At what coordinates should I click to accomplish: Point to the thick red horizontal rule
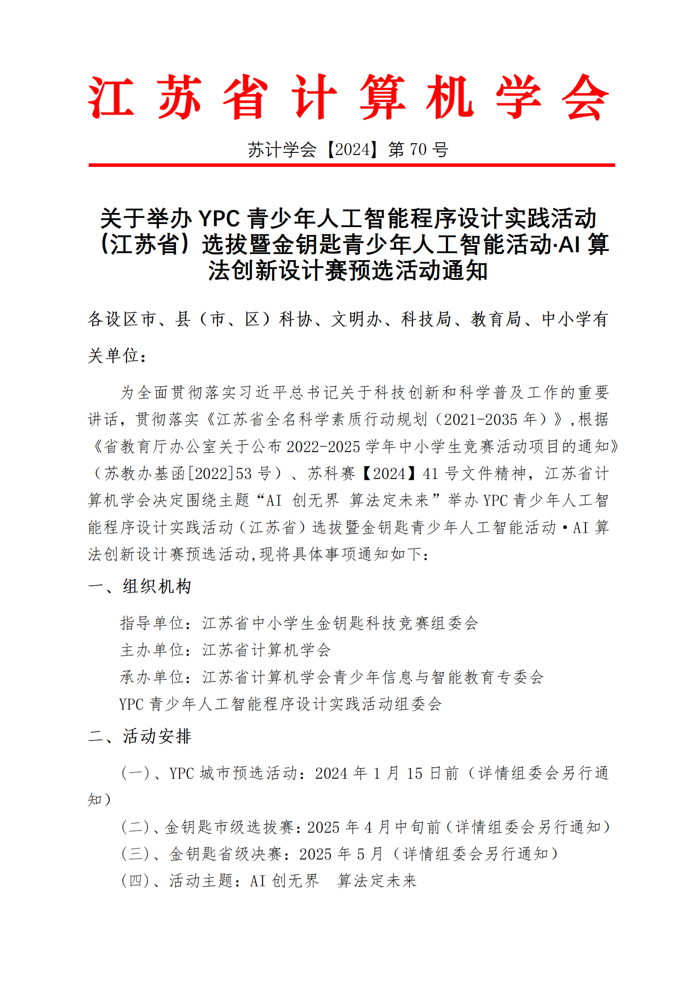351,165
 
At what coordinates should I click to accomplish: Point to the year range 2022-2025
323,447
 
